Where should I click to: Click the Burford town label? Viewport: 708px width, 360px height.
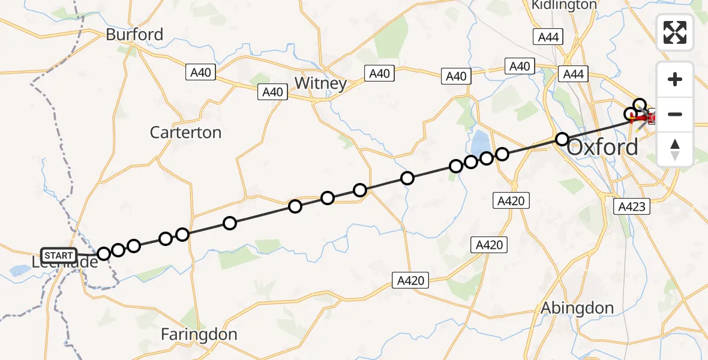click(x=134, y=34)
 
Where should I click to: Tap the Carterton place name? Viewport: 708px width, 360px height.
click(x=185, y=132)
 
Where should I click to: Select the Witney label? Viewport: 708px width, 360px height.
click(x=322, y=83)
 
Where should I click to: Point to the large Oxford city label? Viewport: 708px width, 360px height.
click(x=602, y=147)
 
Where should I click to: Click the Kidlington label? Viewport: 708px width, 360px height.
click(x=564, y=5)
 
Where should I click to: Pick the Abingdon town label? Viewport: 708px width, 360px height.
click(x=577, y=308)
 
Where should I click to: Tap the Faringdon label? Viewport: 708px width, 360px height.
click(x=199, y=334)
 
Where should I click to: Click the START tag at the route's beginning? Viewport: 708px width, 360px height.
click(x=59, y=256)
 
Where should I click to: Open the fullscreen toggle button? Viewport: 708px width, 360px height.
click(x=675, y=32)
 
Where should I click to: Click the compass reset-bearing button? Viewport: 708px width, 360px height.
click(x=675, y=149)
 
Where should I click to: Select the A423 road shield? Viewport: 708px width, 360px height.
click(x=632, y=207)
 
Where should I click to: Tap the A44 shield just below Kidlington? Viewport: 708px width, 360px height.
click(x=548, y=37)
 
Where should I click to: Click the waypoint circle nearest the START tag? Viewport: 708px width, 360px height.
click(x=104, y=254)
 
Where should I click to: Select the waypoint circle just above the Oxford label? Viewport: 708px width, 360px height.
click(x=562, y=139)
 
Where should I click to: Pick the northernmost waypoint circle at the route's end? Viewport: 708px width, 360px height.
click(x=640, y=105)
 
